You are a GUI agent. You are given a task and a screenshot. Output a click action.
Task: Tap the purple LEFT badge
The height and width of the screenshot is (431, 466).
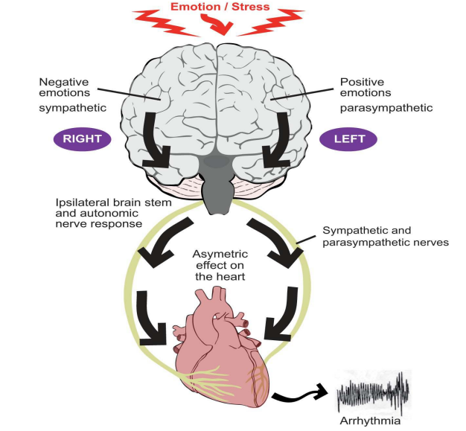pos(348,138)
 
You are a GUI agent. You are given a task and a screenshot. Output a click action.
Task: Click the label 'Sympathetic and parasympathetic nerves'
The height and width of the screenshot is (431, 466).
pos(380,237)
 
